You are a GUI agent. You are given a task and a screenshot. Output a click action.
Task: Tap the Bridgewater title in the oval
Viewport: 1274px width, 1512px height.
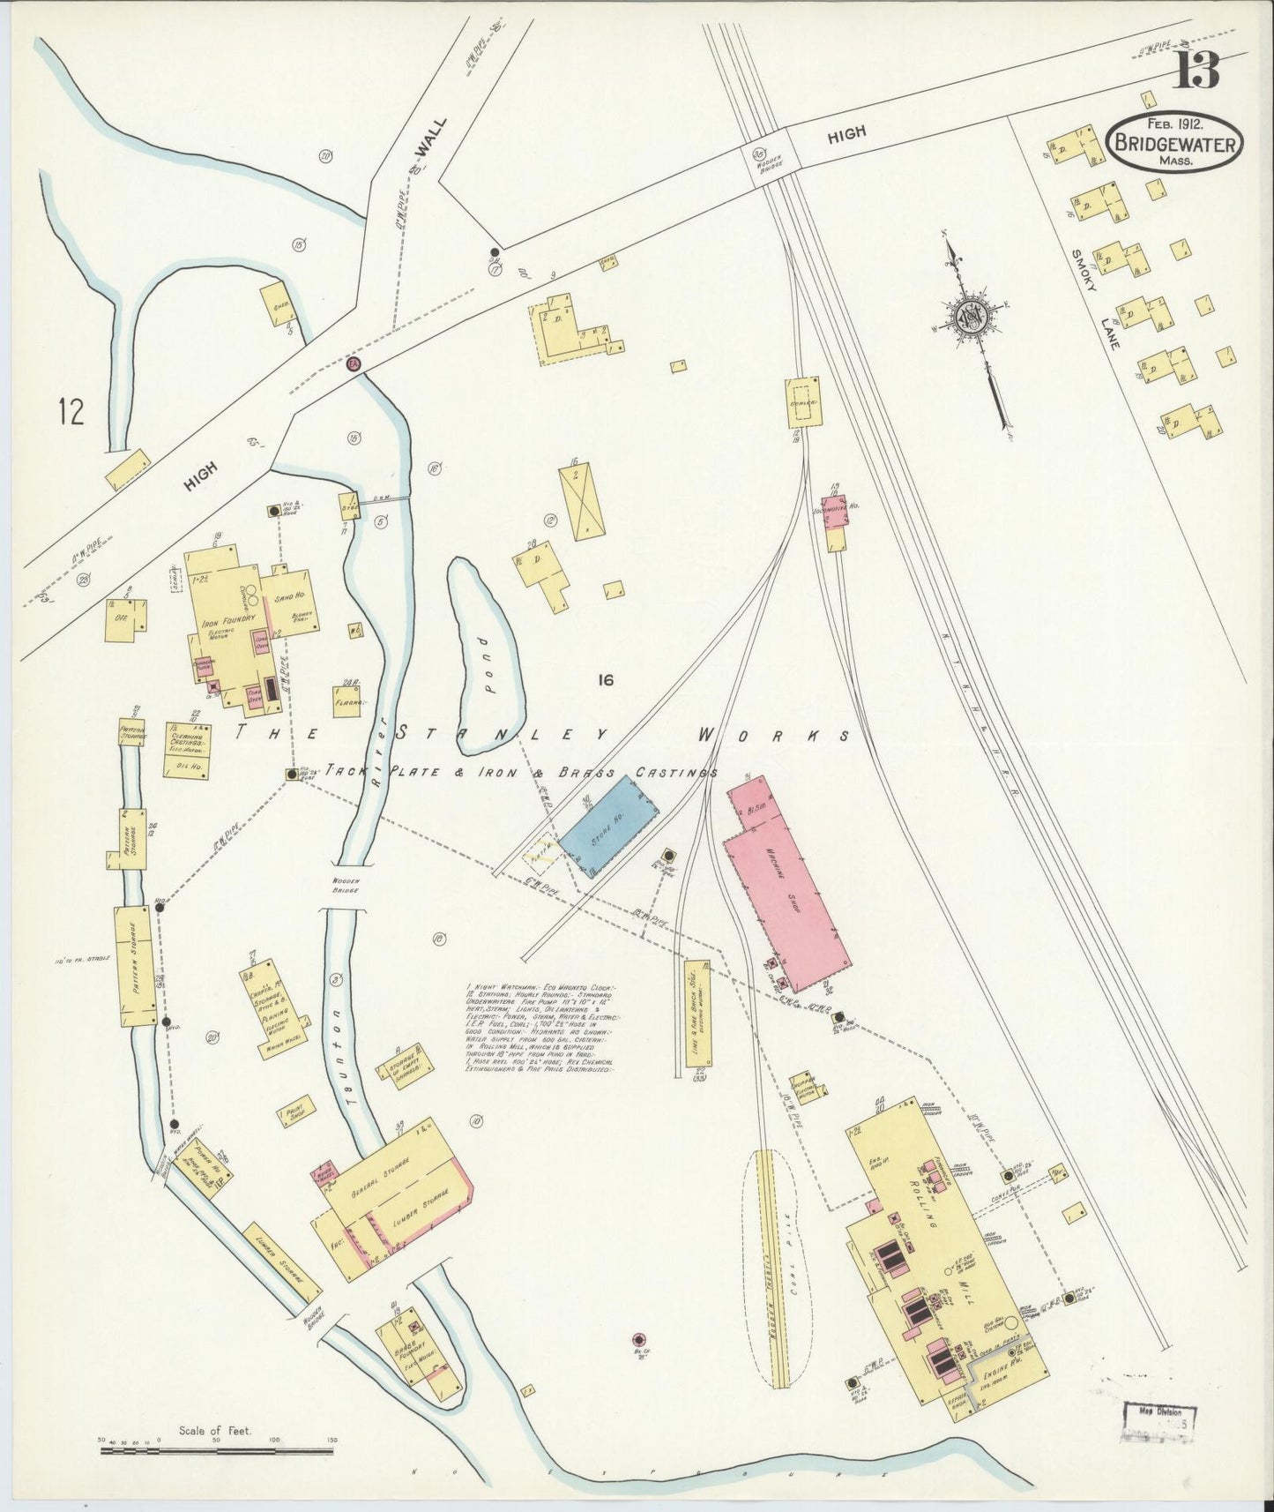[x=1176, y=143]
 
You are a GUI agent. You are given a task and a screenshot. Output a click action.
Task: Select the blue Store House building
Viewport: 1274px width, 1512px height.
[x=608, y=826]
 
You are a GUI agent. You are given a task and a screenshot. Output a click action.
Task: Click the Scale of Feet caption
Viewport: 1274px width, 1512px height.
[x=215, y=1431]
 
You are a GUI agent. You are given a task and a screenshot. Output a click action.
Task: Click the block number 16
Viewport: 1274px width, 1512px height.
[x=604, y=679]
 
